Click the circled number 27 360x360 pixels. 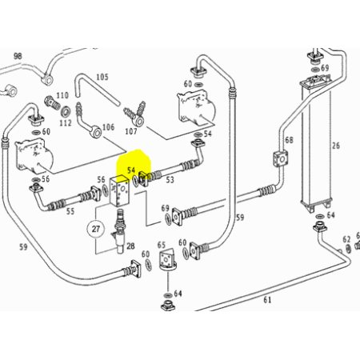96,229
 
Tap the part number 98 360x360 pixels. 18,56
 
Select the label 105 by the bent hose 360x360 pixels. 102,78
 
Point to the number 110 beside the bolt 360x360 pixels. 62,95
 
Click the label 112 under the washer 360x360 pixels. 66,123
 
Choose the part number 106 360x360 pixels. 109,127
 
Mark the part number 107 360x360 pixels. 131,131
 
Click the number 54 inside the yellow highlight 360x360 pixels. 131,170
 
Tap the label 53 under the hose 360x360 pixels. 170,180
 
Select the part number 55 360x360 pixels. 70,211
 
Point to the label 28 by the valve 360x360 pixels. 130,246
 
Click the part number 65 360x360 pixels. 162,245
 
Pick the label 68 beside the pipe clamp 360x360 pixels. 289,140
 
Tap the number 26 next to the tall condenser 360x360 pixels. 336,146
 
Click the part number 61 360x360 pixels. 267,300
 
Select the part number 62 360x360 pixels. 346,239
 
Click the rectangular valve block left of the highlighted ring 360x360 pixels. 120,190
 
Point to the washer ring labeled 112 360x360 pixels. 66,112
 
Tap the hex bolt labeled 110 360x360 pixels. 52,103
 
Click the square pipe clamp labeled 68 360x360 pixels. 281,159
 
